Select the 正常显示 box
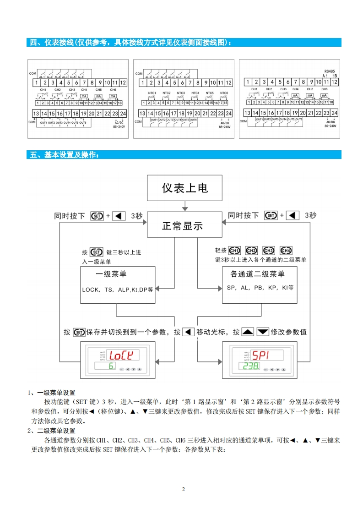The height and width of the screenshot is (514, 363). (x=182, y=226)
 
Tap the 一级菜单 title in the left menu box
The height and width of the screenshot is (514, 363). (x=111, y=274)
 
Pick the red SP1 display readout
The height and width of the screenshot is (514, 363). (x=262, y=355)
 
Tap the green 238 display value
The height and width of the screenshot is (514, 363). (x=251, y=367)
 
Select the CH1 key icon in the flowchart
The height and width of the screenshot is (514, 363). (x=234, y=251)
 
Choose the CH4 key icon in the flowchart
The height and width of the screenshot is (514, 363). (x=286, y=251)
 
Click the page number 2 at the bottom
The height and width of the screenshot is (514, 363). (x=183, y=489)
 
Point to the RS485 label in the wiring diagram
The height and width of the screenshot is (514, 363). (x=329, y=71)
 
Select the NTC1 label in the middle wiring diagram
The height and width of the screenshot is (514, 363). (x=152, y=93)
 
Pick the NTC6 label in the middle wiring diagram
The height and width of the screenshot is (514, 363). (x=224, y=93)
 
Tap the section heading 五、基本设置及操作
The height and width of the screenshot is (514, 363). (x=64, y=155)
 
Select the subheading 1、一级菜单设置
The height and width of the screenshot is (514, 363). (x=51, y=393)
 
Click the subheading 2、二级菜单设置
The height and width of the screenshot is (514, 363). (x=51, y=431)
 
